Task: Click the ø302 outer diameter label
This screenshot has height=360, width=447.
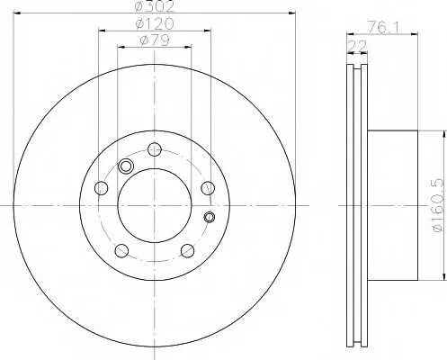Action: [155, 6]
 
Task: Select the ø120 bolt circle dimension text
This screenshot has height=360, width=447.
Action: [155, 23]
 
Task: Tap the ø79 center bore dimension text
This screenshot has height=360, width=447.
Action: [155, 40]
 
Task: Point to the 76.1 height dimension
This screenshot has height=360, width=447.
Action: [383, 28]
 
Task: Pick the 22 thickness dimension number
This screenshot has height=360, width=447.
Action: [357, 46]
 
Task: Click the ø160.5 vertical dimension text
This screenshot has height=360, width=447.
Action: [438, 205]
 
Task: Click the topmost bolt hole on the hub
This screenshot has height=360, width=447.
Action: [155, 149]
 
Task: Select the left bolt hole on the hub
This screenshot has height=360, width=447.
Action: [101, 188]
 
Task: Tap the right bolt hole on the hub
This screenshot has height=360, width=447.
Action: [208, 188]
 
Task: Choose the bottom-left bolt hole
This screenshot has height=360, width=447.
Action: [121, 251]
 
